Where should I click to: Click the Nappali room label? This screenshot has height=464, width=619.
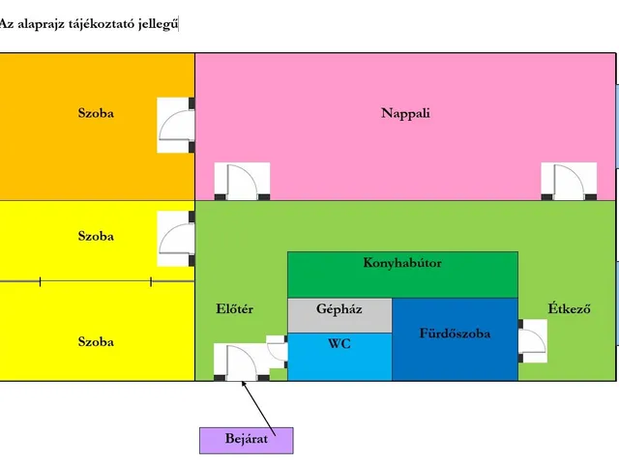405,113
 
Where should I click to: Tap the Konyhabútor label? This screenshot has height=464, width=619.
402,262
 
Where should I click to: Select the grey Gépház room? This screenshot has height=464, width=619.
339,310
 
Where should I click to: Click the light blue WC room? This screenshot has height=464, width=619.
339,344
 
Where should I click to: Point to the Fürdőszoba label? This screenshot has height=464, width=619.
455,333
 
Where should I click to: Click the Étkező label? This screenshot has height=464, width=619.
569,309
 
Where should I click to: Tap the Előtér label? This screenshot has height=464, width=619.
234,309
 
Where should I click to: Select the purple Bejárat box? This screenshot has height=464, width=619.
246,440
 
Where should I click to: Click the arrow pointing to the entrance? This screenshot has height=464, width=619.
258,406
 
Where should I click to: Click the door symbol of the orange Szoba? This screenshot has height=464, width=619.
176,125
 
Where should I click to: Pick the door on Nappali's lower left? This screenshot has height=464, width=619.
241,182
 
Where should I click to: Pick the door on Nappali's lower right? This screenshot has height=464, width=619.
568,182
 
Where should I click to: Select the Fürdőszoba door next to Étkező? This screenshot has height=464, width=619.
533,340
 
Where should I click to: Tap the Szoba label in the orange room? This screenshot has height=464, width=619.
96,113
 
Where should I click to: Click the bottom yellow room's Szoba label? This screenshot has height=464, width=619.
96,342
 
